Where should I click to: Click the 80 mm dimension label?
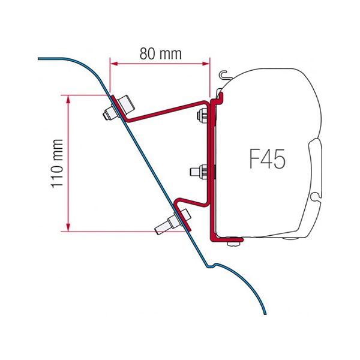click(x=160, y=53)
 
